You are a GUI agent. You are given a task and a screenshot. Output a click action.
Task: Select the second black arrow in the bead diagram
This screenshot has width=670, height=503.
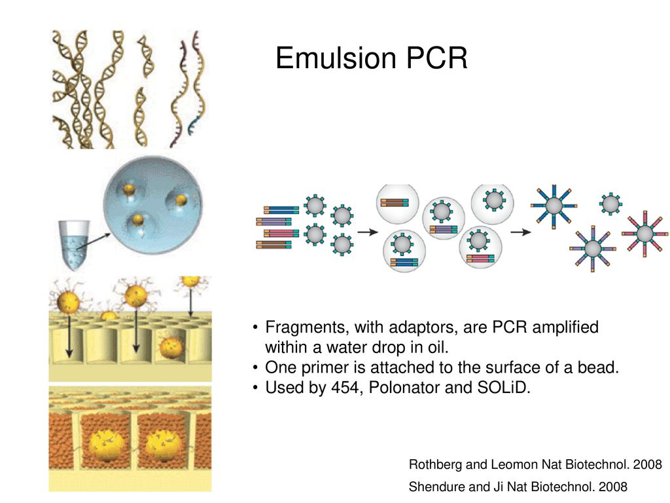point(520,231)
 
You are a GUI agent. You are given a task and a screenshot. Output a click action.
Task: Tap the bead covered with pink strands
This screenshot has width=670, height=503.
point(644,233)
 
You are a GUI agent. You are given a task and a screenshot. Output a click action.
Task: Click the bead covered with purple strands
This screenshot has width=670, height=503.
point(592,249)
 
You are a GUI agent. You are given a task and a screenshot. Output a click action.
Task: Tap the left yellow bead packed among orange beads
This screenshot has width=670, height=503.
point(106,446)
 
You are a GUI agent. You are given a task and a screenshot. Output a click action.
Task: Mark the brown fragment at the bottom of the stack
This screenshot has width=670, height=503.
point(273,246)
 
